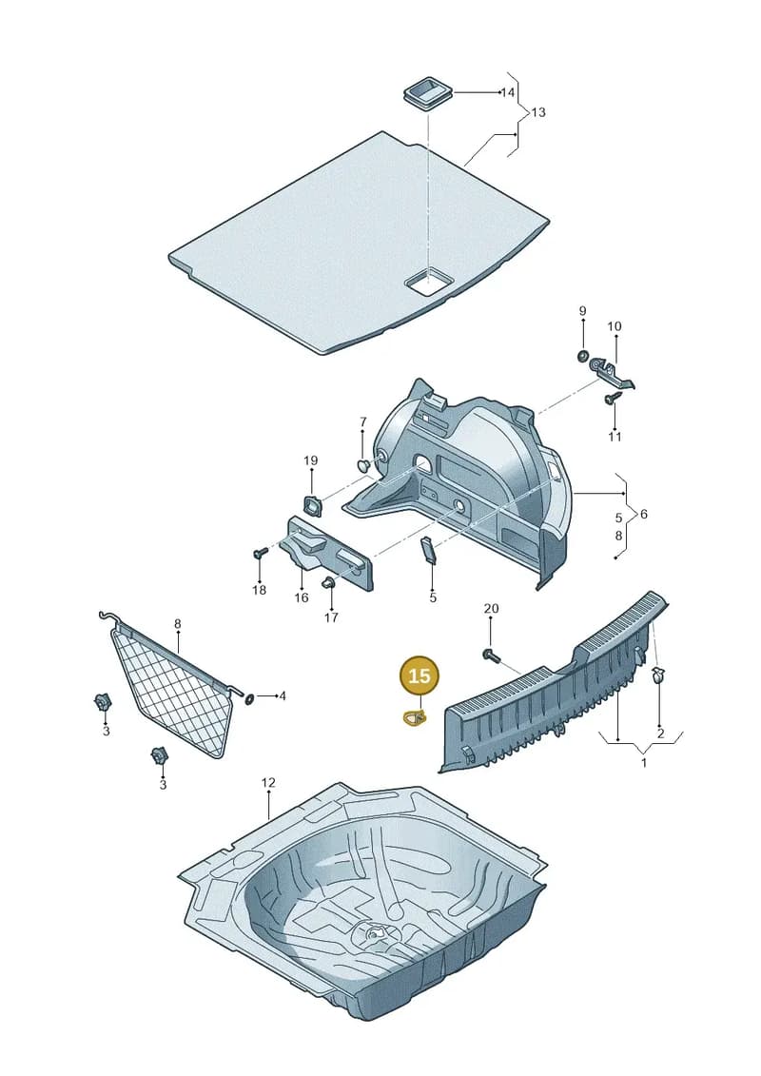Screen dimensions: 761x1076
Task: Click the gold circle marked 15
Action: point(419,675)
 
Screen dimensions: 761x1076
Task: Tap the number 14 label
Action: point(507,92)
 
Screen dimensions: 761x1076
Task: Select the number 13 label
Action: point(538,112)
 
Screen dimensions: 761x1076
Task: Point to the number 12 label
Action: point(267,782)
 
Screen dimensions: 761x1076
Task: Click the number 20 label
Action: point(491,608)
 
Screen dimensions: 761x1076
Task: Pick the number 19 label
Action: point(310,460)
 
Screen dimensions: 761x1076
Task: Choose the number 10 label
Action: point(615,326)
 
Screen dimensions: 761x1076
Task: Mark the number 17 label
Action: point(331,617)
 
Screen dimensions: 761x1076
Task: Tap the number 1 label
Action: point(644,762)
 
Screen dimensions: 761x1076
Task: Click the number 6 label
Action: point(643,514)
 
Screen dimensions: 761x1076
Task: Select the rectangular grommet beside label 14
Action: point(426,92)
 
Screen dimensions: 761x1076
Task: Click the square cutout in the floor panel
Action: point(428,282)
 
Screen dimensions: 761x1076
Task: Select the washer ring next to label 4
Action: point(249,698)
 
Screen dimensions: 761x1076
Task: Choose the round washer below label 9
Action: point(582,356)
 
